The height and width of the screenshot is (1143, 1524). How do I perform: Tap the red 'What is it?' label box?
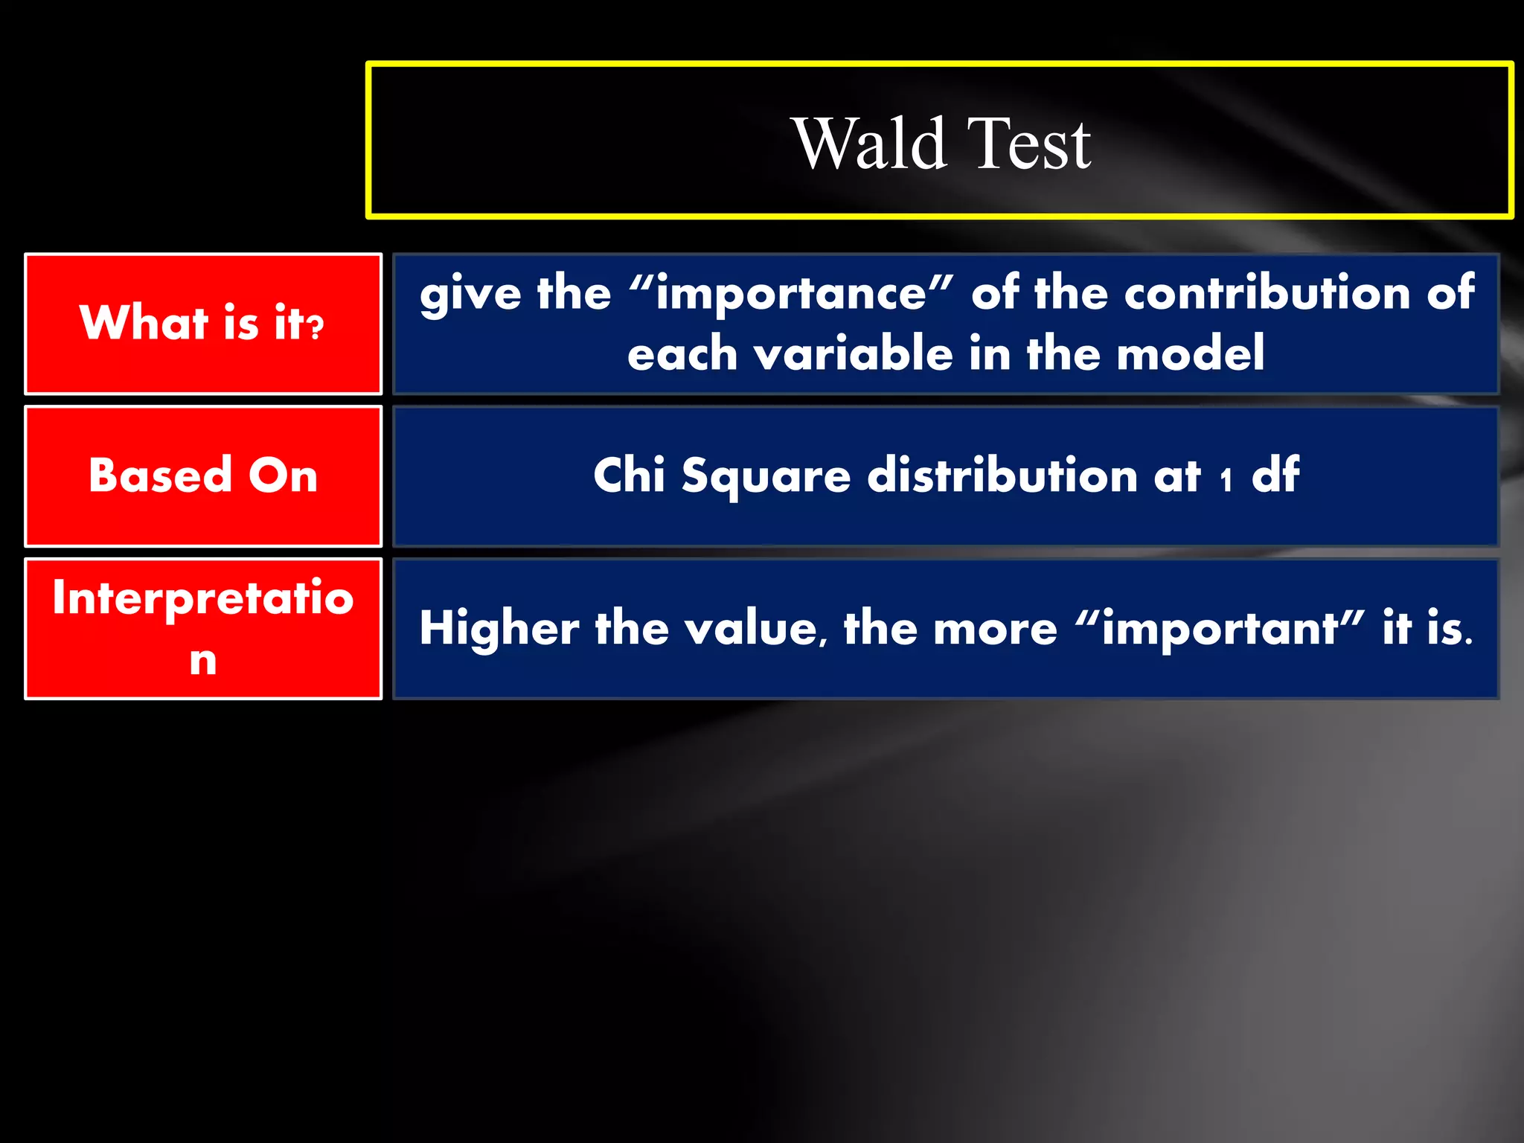[x=203, y=323]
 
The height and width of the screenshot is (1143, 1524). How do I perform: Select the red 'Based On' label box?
[x=203, y=476]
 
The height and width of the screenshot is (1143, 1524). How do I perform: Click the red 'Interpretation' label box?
[x=203, y=628]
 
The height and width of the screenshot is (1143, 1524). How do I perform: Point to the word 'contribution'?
[x=1267, y=292]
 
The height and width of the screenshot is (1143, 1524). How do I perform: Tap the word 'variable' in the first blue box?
[x=854, y=353]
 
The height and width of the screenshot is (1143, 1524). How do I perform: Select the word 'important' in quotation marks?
[x=1220, y=630]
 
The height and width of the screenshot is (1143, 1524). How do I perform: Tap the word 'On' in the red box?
[x=283, y=476]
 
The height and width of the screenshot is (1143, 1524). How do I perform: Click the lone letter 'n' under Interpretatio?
[x=203, y=660]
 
